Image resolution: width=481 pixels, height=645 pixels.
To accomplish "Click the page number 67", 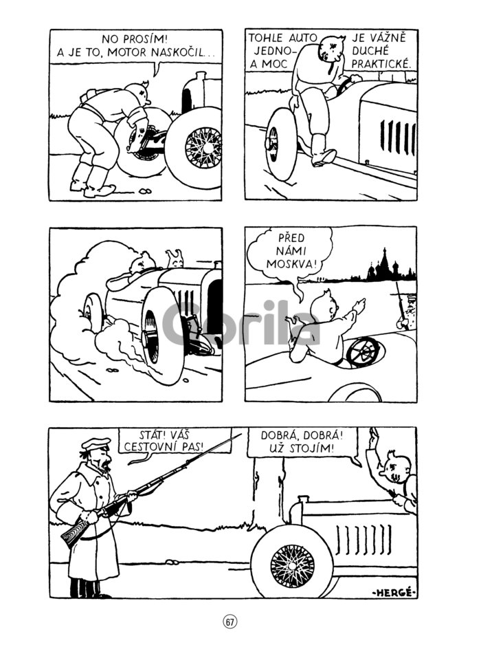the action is (x=230, y=622).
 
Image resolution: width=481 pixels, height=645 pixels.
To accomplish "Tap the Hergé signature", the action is (x=394, y=592).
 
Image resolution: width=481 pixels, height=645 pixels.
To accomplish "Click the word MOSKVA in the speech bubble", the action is (x=292, y=263).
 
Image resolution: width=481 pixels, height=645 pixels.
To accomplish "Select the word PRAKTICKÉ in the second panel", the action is (x=381, y=64).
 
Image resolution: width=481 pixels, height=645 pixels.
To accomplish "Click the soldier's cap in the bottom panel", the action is (x=96, y=443).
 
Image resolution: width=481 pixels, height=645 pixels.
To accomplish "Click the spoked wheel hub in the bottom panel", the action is (x=292, y=566).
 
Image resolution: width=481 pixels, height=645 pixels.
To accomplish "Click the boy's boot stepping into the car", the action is (x=322, y=151).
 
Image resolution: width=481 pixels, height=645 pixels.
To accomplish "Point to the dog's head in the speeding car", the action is (x=175, y=259).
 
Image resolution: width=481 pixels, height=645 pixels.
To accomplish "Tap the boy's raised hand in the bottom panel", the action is (x=373, y=439).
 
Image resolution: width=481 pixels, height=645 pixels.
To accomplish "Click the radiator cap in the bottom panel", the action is (x=303, y=499).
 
